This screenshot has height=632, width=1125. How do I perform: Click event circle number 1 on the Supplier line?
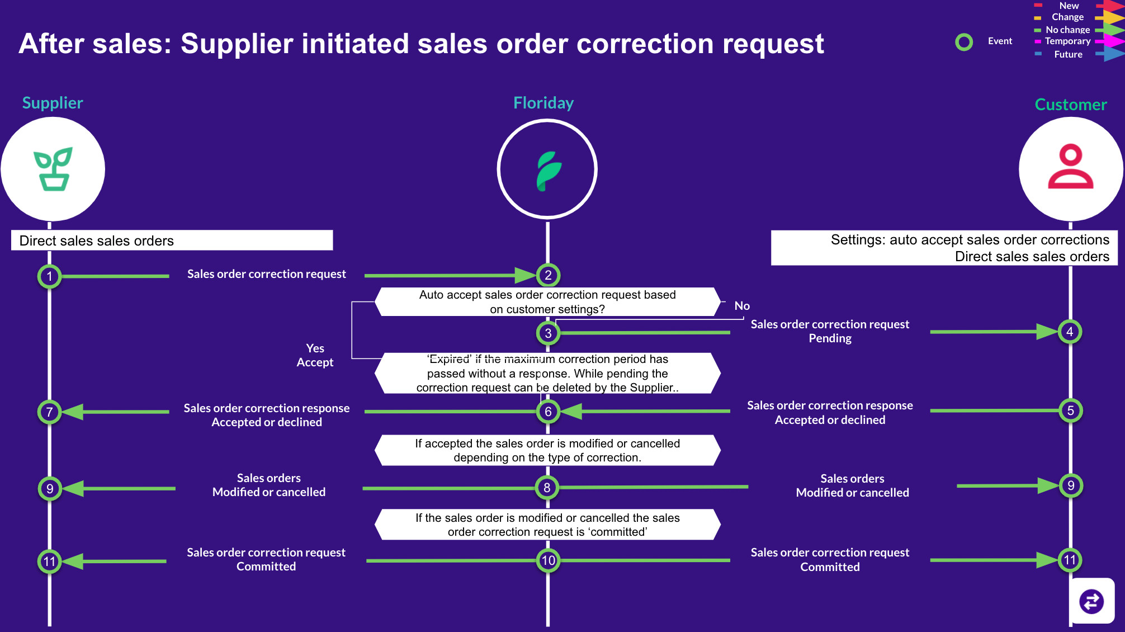click(50, 276)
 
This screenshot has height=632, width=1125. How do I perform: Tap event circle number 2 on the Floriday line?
click(548, 275)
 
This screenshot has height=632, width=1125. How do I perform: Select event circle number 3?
click(548, 333)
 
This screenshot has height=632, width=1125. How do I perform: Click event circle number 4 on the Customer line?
click(1070, 332)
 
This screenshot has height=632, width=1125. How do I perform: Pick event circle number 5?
click(1070, 411)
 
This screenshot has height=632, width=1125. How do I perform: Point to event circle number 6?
click(548, 412)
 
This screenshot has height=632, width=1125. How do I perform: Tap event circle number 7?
click(50, 412)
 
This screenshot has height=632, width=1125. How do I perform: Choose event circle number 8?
click(547, 488)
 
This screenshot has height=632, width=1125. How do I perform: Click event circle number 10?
click(548, 560)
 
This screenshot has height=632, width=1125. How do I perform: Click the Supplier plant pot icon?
click(53, 169)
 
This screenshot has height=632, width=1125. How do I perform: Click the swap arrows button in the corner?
click(1091, 602)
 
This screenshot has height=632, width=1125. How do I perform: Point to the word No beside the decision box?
click(742, 306)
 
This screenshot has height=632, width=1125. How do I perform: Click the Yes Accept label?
click(315, 355)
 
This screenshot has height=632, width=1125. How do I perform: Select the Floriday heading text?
click(543, 103)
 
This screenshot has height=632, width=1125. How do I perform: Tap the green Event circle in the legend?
click(964, 42)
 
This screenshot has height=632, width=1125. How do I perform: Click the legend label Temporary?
click(1067, 41)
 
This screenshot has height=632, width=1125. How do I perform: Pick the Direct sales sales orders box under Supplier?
click(172, 240)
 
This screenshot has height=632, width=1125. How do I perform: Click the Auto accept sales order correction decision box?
click(547, 302)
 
